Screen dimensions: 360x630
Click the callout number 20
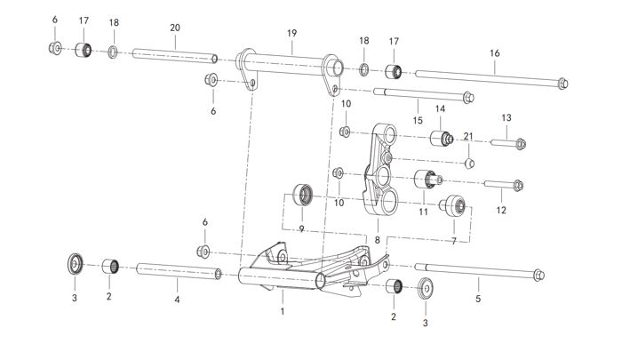174,28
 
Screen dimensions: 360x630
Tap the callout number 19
291,33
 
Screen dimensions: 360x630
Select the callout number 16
495,52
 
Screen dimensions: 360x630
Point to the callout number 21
468,136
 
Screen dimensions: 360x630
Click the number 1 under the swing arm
283,312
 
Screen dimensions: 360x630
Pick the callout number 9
301,228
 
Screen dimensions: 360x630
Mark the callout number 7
455,240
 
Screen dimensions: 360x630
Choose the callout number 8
377,239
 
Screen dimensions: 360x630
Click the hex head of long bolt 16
563,84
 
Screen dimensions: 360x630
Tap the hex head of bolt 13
521,141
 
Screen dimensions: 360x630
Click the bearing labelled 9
305,194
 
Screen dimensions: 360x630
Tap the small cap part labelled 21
471,163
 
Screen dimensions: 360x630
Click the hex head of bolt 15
469,97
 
